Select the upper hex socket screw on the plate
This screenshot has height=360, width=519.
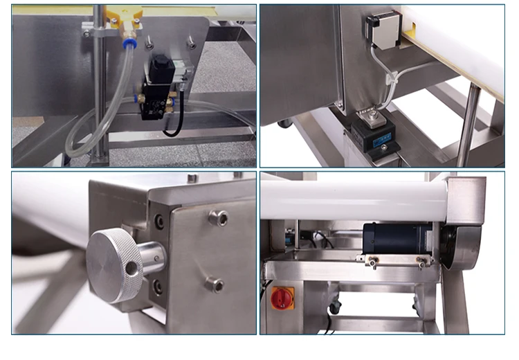click(218, 218)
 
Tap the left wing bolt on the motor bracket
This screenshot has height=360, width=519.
click(372, 262)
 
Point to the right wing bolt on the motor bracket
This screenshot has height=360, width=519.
click(420, 262)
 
